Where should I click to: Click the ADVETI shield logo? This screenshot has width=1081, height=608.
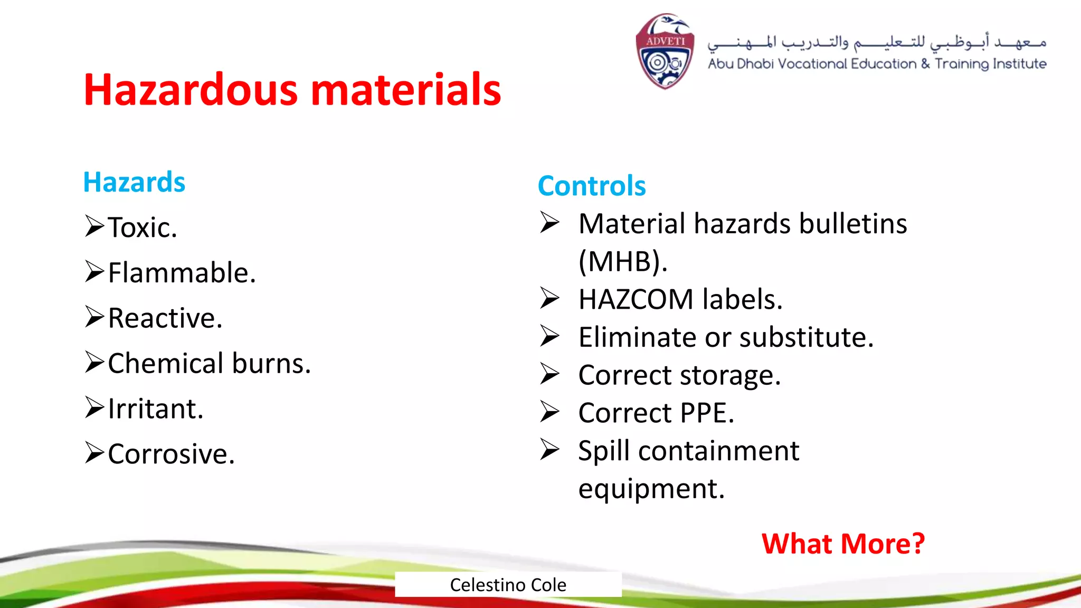[665, 51]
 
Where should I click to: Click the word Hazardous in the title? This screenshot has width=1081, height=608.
[191, 90]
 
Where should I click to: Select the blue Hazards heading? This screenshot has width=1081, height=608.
[134, 182]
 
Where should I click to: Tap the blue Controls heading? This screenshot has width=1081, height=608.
[591, 186]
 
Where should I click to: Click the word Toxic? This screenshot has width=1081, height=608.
[142, 227]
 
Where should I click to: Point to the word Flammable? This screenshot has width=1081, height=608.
[181, 273]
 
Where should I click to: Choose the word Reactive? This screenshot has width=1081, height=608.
[165, 318]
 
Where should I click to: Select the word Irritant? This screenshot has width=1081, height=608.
[155, 409]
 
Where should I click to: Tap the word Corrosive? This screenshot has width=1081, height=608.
[170, 454]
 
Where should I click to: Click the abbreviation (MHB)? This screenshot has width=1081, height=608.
[622, 261]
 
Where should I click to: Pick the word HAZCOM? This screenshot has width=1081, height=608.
[636, 299]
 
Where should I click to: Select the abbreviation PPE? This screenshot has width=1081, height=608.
[706, 413]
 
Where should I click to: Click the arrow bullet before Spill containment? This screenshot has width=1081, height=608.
[549, 450]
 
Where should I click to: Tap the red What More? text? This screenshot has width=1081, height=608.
[842, 544]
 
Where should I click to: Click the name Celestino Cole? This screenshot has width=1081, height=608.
[508, 585]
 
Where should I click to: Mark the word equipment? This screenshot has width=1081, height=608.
[651, 489]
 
